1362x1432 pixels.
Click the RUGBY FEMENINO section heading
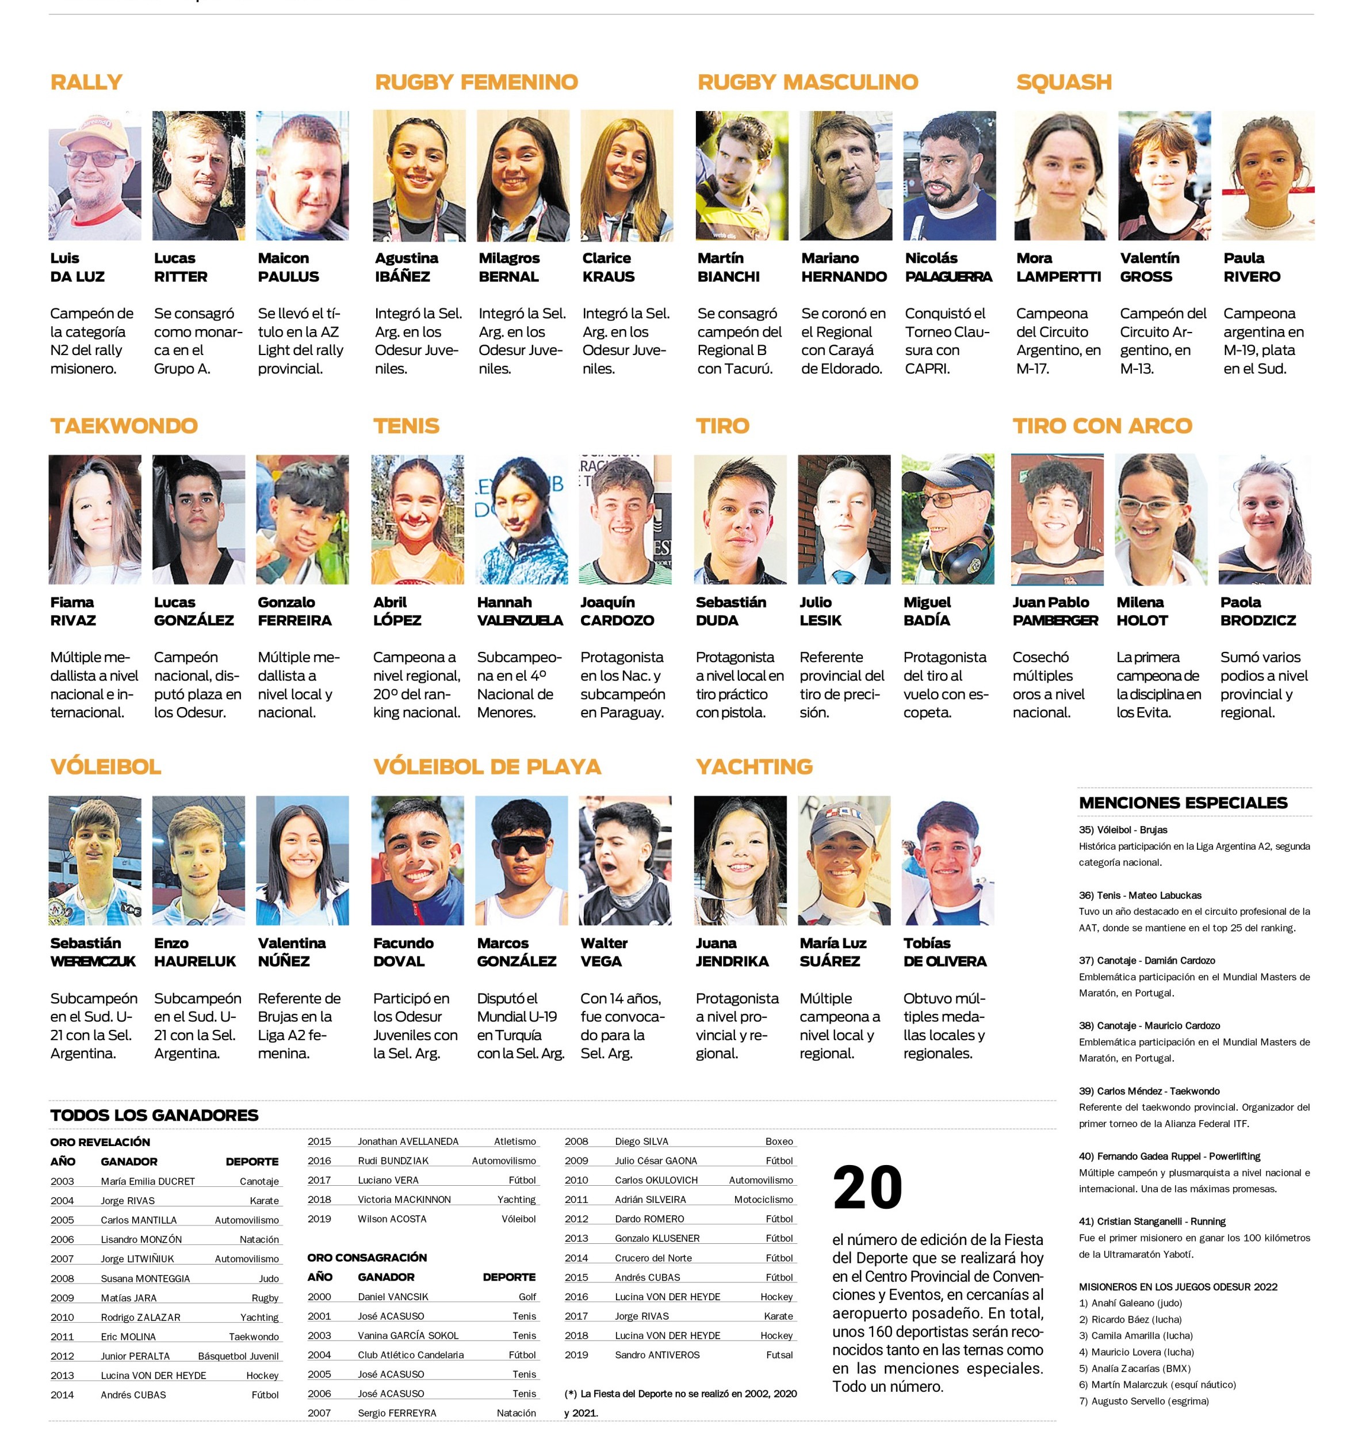coord(476,82)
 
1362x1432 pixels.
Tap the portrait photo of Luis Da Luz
coord(95,175)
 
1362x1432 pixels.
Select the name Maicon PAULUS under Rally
coord(288,267)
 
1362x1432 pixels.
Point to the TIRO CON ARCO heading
coord(1102,426)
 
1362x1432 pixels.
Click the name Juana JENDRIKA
coord(732,952)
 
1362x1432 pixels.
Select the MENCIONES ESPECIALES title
coord(1183,803)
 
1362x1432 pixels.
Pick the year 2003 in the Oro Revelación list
coord(63,1182)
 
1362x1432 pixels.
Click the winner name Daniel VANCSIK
coord(393,1297)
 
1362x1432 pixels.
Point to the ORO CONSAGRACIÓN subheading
coord(366,1258)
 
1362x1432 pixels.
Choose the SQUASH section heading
coord(1063,82)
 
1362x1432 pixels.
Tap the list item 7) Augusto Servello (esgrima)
coord(1143,1402)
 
